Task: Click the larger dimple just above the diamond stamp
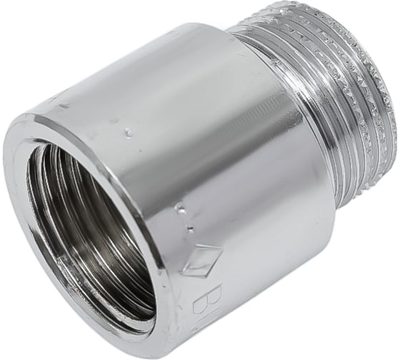[179, 209]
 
